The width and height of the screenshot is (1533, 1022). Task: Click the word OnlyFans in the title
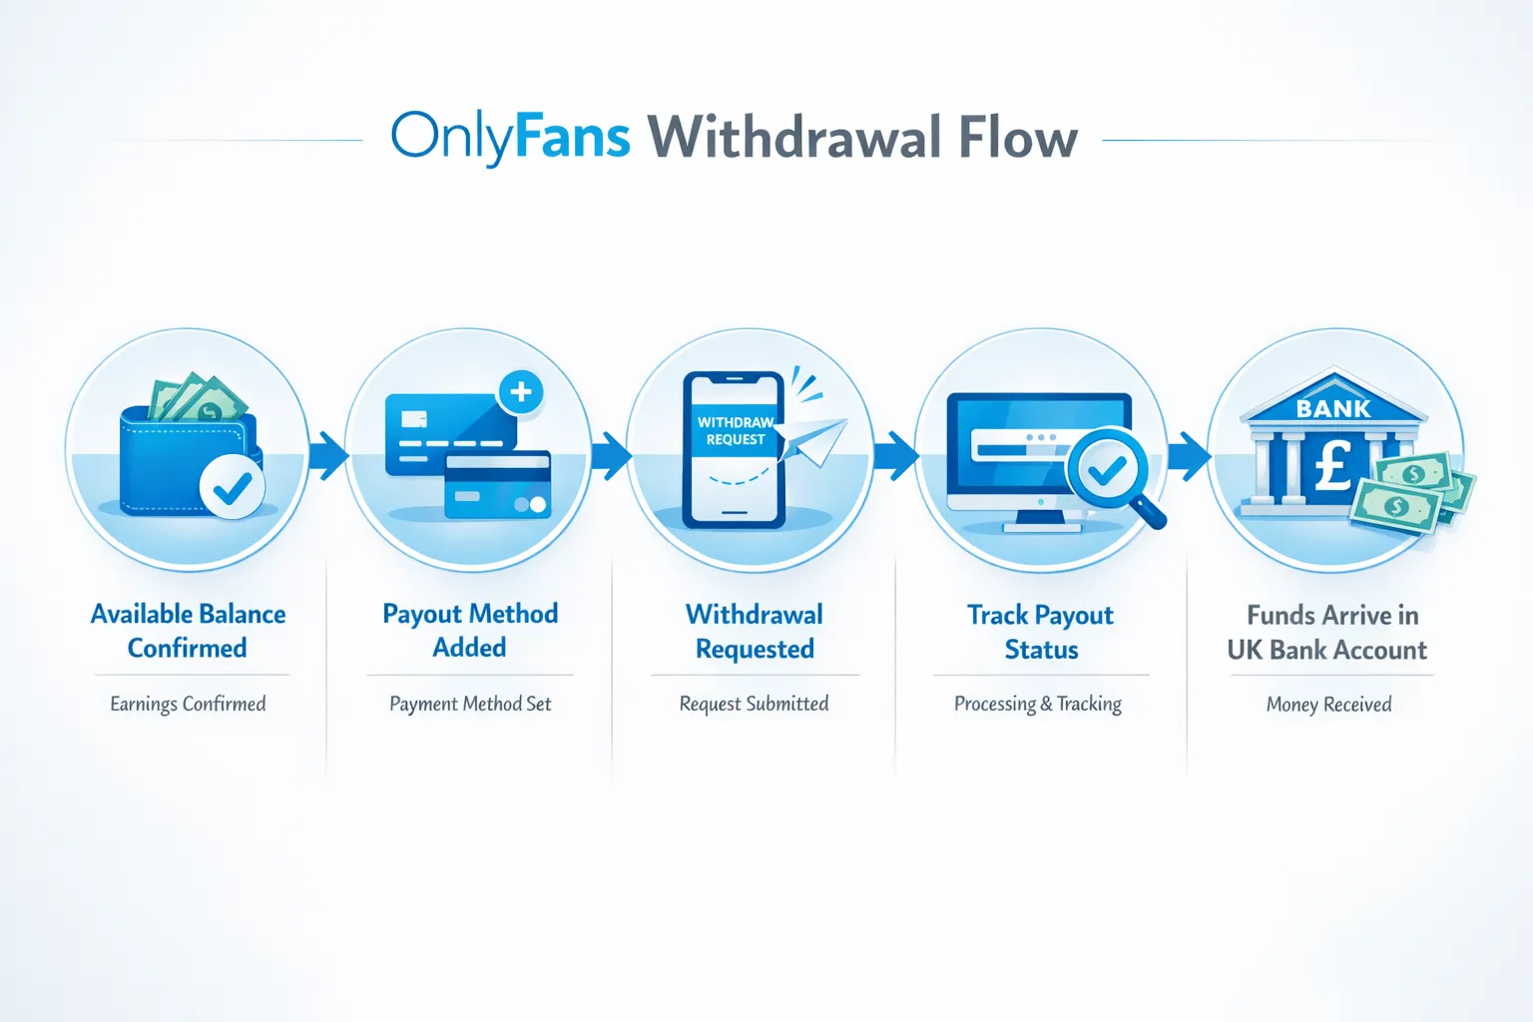click(x=510, y=138)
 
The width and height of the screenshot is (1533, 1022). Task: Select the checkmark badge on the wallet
click(x=233, y=487)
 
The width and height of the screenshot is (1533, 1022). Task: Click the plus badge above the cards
click(x=520, y=392)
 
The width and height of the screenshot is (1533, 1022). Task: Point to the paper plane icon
click(x=812, y=440)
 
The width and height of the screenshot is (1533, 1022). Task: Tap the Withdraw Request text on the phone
click(x=736, y=431)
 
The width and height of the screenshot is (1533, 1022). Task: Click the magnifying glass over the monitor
click(x=1108, y=472)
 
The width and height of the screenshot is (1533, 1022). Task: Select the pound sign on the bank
click(x=1332, y=465)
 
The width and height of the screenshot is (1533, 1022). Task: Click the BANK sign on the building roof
click(x=1333, y=408)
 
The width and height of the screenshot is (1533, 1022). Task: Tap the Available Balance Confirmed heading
click(x=188, y=631)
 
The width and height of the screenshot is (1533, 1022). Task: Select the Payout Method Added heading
click(x=470, y=630)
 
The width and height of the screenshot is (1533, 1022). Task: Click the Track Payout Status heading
click(x=1041, y=632)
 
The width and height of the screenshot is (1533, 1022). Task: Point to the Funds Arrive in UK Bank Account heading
click(x=1327, y=632)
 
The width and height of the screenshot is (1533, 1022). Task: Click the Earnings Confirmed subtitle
click(x=188, y=704)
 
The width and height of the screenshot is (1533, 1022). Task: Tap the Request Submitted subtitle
click(x=754, y=704)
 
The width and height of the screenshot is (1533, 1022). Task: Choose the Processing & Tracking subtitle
click(x=1038, y=704)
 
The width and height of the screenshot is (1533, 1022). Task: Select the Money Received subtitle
click(x=1328, y=704)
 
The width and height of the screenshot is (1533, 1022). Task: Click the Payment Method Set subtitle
click(x=470, y=704)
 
